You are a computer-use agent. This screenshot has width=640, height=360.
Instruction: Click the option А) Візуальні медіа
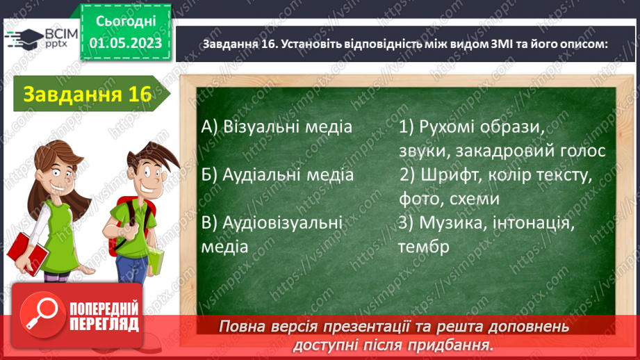(x=277, y=127)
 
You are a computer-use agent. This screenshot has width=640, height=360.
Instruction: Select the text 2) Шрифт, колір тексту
(x=495, y=175)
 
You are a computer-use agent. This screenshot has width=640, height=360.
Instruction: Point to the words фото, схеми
(x=449, y=199)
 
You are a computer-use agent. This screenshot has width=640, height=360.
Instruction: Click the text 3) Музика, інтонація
(x=486, y=223)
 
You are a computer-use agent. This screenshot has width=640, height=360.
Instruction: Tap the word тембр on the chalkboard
(x=424, y=247)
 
